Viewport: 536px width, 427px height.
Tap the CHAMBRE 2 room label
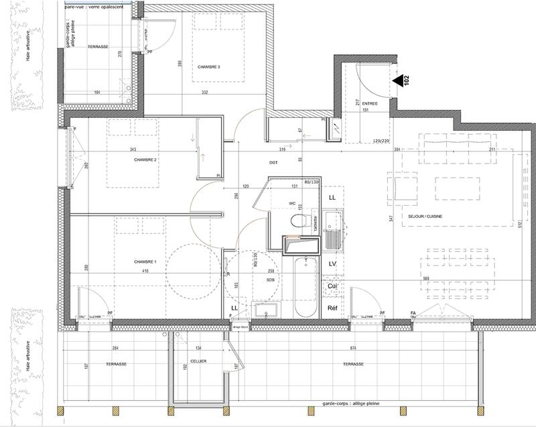pos(145,160)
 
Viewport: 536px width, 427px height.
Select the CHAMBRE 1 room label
pos(145,261)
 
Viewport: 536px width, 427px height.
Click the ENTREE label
pos(370,104)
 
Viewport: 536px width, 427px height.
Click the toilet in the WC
pos(298,221)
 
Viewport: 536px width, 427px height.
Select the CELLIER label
pos(198,361)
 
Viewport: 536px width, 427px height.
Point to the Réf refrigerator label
pos(332,308)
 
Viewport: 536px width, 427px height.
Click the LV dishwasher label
pos(332,264)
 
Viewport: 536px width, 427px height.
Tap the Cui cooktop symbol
pos(332,286)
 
